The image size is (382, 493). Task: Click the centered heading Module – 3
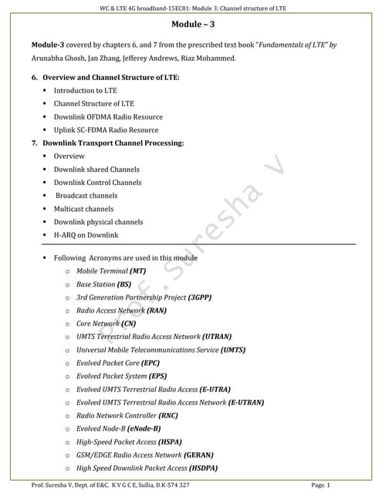[x=191, y=25]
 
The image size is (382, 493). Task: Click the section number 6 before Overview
[x=35, y=78]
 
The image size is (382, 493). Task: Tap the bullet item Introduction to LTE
[x=86, y=91]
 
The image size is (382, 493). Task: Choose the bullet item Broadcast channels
[x=86, y=196]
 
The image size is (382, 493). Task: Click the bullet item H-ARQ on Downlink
[x=86, y=235]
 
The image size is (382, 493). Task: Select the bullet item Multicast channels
[x=83, y=209]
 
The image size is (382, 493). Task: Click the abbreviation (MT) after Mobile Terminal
[x=137, y=271]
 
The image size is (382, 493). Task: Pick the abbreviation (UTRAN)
[x=217, y=337]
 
